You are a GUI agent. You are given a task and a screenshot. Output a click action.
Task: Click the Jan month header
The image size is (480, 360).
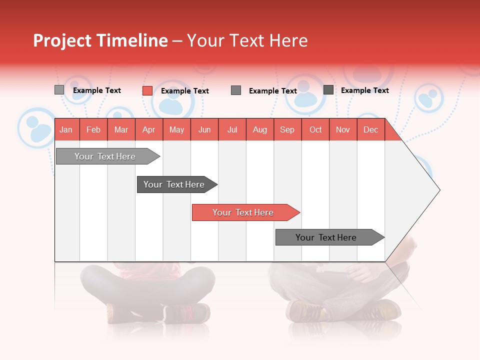(x=66, y=129)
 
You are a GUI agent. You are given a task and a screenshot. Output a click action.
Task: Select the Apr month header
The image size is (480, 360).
(x=148, y=129)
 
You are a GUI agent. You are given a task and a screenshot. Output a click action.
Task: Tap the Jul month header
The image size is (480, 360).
(x=232, y=129)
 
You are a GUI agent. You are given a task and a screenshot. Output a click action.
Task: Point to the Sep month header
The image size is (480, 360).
(x=287, y=129)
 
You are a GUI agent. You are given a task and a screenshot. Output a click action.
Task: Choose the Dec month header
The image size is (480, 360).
(x=370, y=129)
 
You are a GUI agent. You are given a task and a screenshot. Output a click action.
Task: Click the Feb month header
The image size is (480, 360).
(x=93, y=129)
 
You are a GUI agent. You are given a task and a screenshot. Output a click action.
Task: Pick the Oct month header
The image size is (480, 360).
(x=315, y=129)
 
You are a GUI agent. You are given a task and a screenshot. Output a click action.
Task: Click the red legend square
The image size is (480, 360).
(x=147, y=90)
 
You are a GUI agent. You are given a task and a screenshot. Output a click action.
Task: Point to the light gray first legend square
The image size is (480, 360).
(x=59, y=90)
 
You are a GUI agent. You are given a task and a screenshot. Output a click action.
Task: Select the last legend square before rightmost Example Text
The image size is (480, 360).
(x=328, y=90)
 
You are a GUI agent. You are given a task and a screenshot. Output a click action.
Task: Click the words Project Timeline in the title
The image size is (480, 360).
(x=100, y=40)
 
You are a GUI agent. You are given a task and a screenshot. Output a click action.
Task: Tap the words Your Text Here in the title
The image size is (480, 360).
(x=247, y=40)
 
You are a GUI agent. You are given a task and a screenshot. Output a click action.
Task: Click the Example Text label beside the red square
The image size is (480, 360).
(x=184, y=91)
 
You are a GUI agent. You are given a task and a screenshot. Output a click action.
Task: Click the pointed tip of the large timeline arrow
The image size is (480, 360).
(x=438, y=190)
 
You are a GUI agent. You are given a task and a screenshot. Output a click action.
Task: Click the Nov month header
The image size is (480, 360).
(x=343, y=129)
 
